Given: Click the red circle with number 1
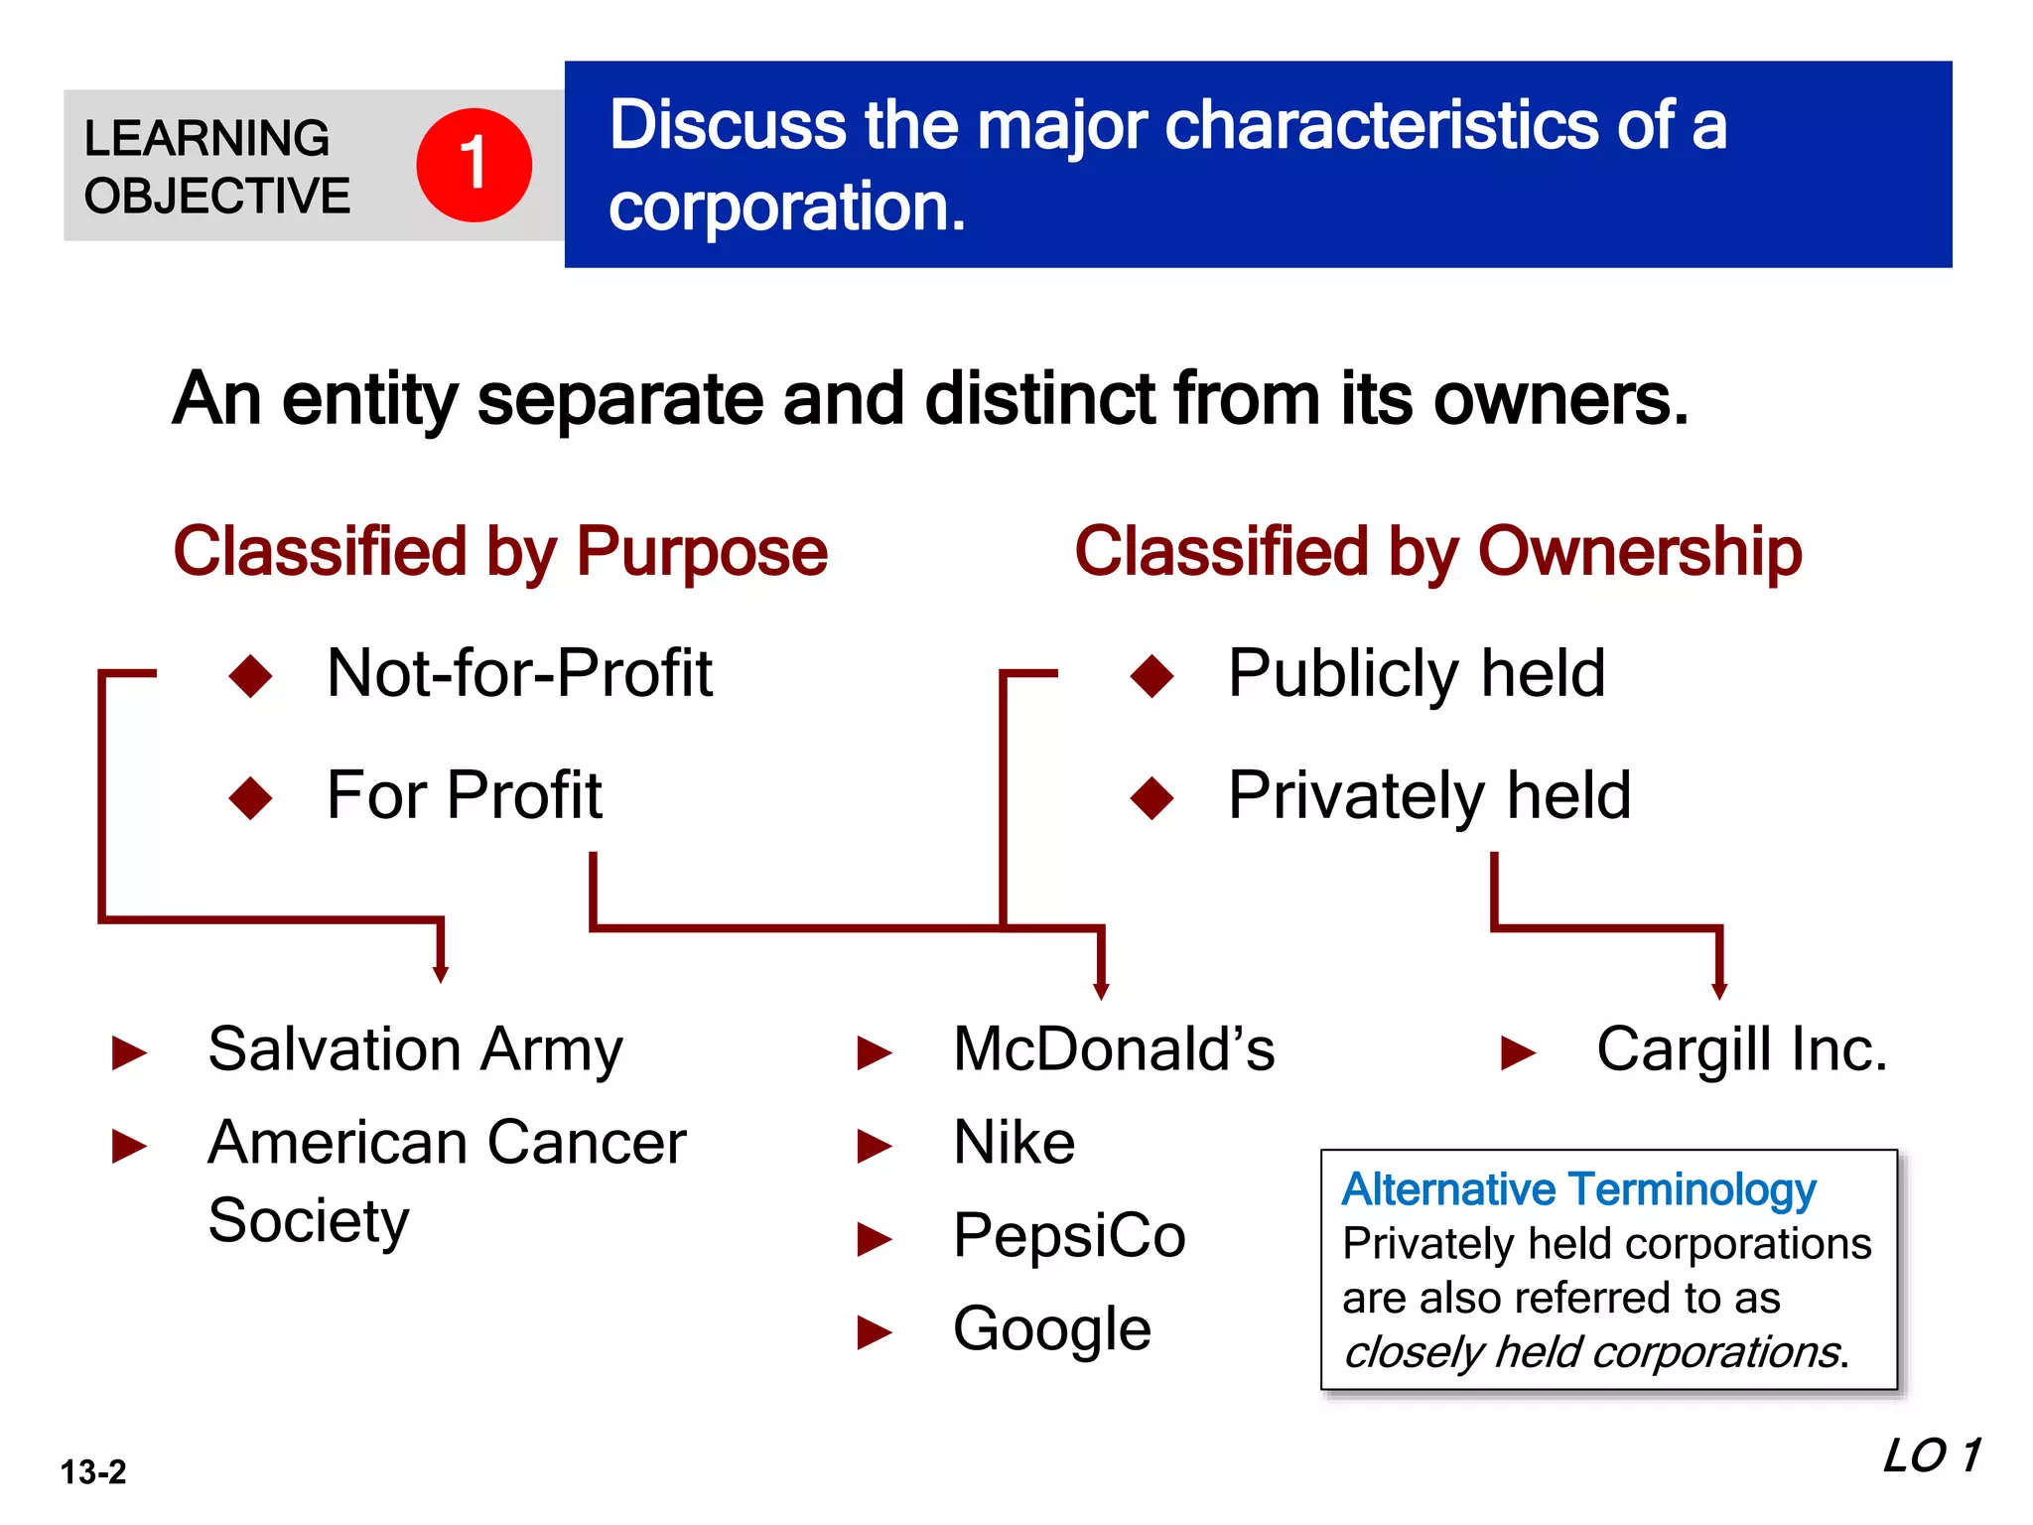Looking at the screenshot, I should coord(474,165).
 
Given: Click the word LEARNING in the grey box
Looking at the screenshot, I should coord(206,138).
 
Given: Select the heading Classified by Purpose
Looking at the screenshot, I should coord(500,552).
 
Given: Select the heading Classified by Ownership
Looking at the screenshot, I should coord(1437,552).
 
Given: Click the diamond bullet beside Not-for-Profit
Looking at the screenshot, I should coord(250,675).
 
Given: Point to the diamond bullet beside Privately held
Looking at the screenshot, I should coord(1152,797).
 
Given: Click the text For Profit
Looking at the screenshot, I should coord(464,795).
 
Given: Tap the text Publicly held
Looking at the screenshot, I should coord(1416,674).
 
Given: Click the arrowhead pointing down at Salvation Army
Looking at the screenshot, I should coord(441,975).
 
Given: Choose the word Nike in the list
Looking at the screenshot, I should coord(1014,1143).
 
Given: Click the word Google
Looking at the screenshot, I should coord(1051,1328).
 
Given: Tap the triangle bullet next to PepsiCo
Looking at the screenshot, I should coord(874,1239).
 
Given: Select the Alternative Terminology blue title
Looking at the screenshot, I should coord(1578,1189).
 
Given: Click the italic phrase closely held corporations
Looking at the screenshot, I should coord(1594,1352).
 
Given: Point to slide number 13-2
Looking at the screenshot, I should coord(93,1471).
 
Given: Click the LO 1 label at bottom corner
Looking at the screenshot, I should coord(1931,1456).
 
